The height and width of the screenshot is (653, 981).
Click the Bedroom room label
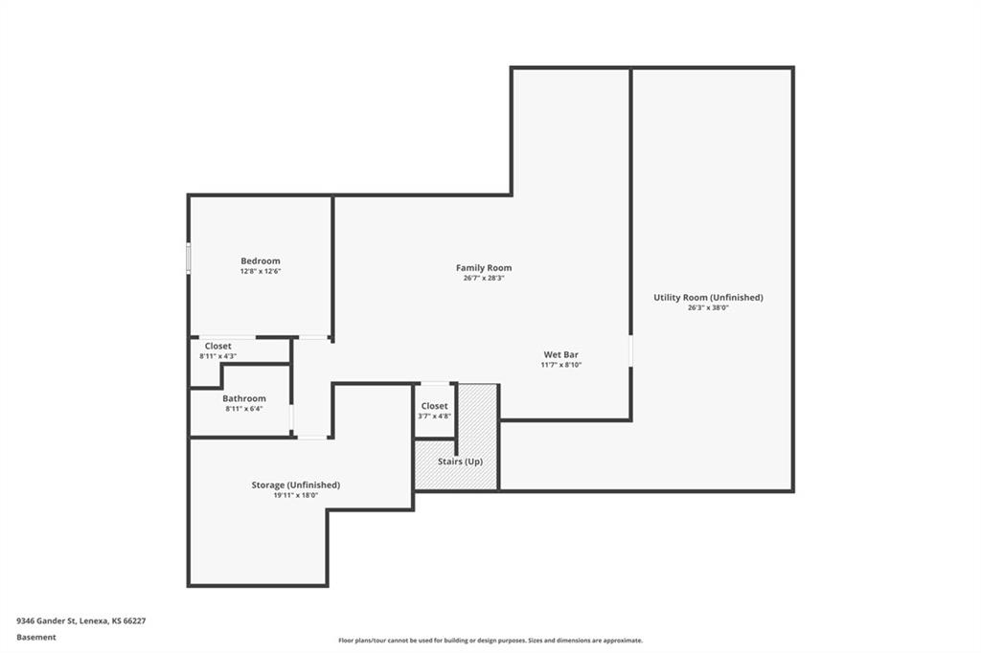pos(261,260)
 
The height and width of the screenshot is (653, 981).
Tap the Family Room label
pos(484,268)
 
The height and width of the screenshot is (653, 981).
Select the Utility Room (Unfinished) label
pos(708,297)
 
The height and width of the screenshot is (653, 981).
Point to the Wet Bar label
pos(560,354)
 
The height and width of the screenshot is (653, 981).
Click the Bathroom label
pos(244,398)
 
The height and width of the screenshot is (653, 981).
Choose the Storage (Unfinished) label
pos(296,484)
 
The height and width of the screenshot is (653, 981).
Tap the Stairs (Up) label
pos(460,462)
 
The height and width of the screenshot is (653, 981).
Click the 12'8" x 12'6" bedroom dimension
pos(261,272)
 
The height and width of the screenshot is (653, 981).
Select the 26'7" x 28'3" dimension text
pos(484,279)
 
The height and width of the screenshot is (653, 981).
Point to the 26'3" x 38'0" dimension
pos(708,307)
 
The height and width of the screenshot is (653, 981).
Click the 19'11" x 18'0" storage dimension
pos(296,495)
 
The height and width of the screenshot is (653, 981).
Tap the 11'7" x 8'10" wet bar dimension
pos(560,365)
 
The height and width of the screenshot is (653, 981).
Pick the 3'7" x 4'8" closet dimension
pos(434,416)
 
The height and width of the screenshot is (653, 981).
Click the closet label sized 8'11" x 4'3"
pos(217,346)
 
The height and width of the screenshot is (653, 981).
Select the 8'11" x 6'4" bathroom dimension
pos(244,409)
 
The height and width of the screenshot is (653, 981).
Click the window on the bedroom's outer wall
pos(189,259)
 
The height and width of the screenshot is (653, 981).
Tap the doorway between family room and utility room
pos(630,350)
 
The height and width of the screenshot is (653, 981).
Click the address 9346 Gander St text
pos(46,621)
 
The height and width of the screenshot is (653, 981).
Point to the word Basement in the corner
pos(36,638)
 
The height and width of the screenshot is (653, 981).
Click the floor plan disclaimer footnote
pos(490,641)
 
